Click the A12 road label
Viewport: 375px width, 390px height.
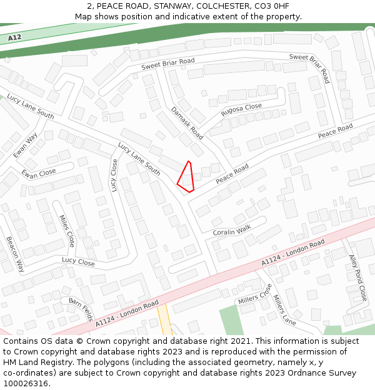[15, 38]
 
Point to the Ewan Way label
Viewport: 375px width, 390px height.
[26, 145]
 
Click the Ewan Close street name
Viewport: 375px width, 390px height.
[39, 173]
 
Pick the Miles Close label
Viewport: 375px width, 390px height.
[67, 231]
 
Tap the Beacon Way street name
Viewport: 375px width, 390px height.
[16, 254]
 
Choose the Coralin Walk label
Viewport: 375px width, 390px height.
[232, 230]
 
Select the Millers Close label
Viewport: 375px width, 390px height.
[255, 294]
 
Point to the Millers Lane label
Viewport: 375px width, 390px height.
[284, 310]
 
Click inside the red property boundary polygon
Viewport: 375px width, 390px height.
[186, 177]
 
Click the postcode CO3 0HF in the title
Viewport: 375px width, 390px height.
[271, 6]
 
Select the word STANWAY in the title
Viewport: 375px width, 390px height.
[129, 6]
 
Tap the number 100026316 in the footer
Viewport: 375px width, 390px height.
[26, 383]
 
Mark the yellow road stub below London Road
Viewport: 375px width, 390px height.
[164, 319]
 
